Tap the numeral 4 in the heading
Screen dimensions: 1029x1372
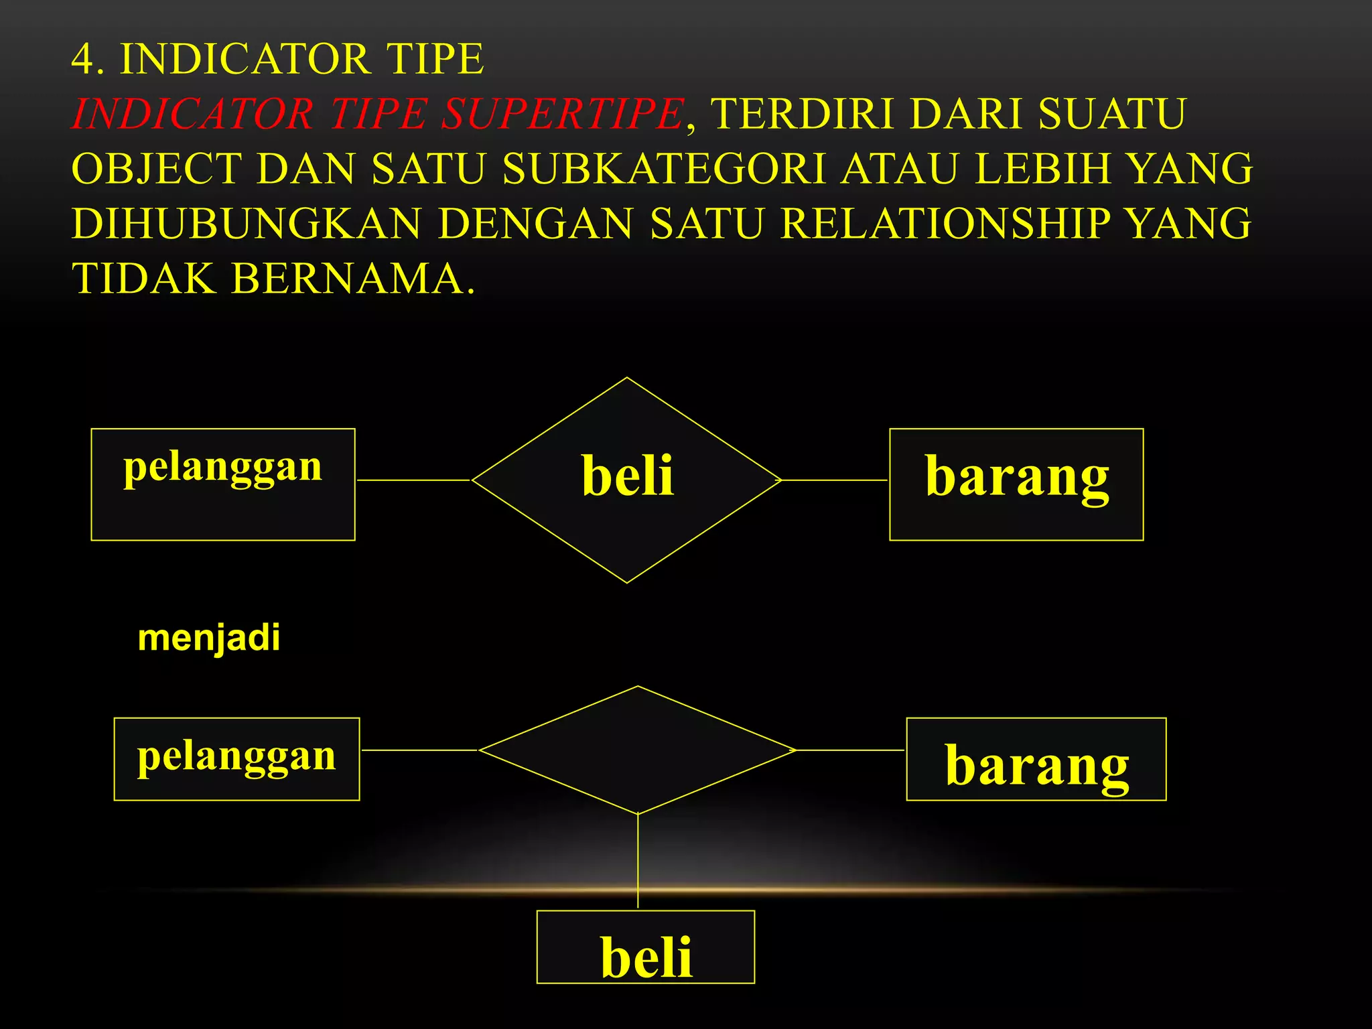pyautogui.click(x=83, y=59)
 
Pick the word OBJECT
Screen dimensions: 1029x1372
pyautogui.click(x=156, y=168)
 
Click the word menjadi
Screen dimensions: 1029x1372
pyautogui.click(x=208, y=638)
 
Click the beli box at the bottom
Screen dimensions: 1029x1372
pyautogui.click(x=646, y=947)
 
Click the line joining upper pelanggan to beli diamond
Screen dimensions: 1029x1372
pyautogui.click(x=414, y=480)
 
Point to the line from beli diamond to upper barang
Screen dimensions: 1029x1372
pyautogui.click(x=835, y=480)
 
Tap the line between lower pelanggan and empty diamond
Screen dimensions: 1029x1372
pyautogui.click(x=419, y=750)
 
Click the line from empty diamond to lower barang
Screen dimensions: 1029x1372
pyautogui.click(x=851, y=750)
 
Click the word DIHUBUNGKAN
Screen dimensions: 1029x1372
pyautogui.click(x=247, y=223)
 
